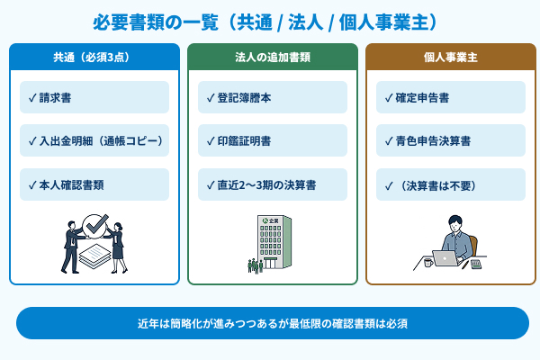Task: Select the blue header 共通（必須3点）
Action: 94,57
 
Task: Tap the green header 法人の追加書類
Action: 273,57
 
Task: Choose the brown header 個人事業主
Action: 450,57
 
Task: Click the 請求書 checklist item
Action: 94,97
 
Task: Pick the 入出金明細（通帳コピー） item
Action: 94,140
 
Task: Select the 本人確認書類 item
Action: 94,184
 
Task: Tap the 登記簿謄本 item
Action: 273,97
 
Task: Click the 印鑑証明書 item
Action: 273,140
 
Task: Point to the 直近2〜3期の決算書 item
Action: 273,184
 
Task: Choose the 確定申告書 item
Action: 450,97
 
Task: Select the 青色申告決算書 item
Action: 450,140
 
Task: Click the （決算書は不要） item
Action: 450,184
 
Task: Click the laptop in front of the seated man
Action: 445,259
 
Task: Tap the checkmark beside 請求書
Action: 32,97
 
